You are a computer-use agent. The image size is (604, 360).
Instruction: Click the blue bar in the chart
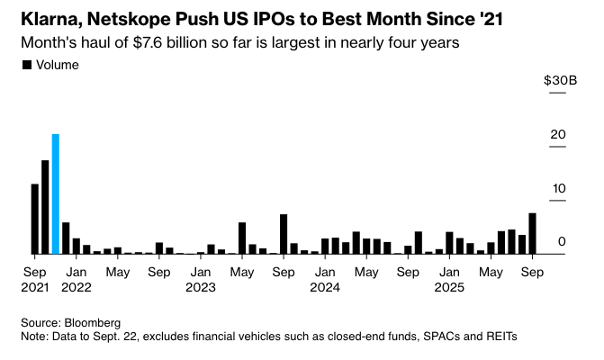click(x=56, y=193)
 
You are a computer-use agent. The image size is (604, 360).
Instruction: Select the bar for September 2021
click(x=35, y=219)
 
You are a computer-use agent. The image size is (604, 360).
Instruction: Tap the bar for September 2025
click(x=533, y=233)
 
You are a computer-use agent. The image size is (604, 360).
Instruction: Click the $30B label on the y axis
click(x=554, y=81)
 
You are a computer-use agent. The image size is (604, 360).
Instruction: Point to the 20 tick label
click(x=558, y=135)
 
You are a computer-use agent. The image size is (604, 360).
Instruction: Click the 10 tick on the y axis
click(x=558, y=188)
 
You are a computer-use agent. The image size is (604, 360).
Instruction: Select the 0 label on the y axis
click(x=561, y=241)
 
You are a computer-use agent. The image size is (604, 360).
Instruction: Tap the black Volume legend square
click(x=26, y=65)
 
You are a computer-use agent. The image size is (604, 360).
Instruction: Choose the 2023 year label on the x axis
click(x=201, y=288)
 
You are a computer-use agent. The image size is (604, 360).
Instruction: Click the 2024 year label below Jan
click(x=323, y=288)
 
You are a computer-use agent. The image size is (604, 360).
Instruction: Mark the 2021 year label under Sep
click(x=34, y=288)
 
